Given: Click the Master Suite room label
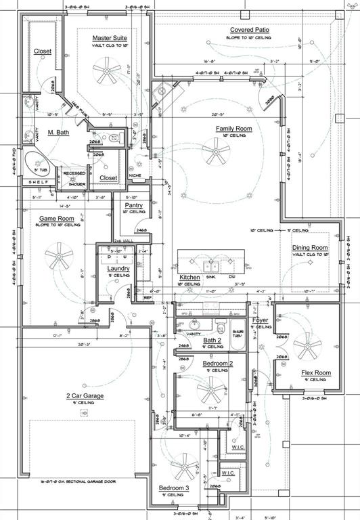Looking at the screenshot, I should coord(110,38).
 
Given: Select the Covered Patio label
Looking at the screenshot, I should coord(250,30).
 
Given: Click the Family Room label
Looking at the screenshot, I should coord(233,128).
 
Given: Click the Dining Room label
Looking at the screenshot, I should coord(310,248).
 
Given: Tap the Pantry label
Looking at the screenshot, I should coord(134,204).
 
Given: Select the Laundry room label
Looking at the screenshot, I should coord(118,268).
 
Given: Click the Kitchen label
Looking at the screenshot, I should coord(189,278).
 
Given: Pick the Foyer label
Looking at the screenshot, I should coord(261,320).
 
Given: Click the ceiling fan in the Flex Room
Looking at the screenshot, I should coord(307,348).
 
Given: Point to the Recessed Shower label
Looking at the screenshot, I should coord(74,177).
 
